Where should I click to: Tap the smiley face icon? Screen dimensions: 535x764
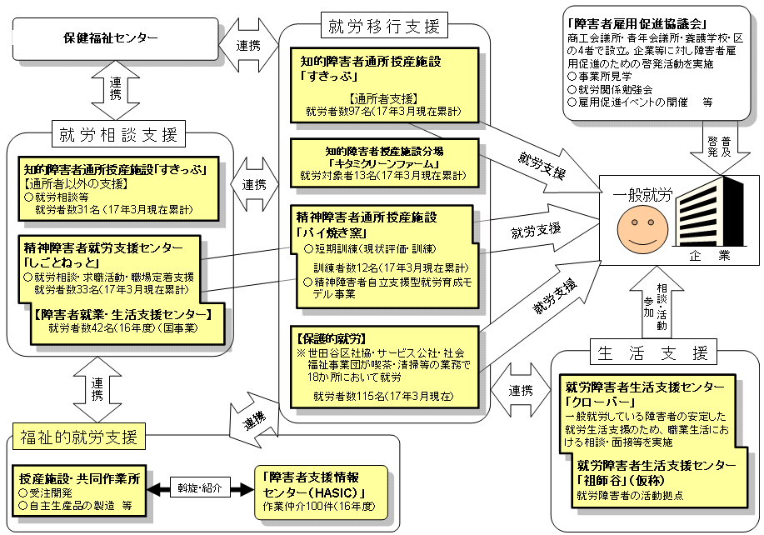point(640,227)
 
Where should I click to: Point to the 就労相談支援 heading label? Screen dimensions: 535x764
point(122,133)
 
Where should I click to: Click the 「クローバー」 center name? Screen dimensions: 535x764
point(597,401)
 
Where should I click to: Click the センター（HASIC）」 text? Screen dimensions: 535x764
point(312,491)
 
